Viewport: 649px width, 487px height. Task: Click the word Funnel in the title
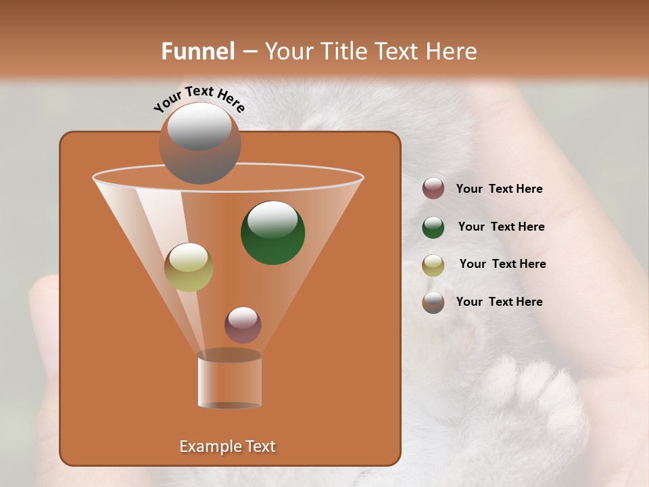pyautogui.click(x=198, y=51)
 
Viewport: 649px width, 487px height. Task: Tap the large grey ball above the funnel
pyautogui.click(x=199, y=143)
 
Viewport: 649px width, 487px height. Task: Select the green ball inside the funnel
pyautogui.click(x=273, y=232)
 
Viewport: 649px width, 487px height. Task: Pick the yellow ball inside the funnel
pyautogui.click(x=189, y=267)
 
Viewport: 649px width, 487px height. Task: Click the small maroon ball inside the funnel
pyautogui.click(x=243, y=325)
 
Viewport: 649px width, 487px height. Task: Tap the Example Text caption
pyautogui.click(x=227, y=446)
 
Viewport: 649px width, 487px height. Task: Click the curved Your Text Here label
pyautogui.click(x=199, y=99)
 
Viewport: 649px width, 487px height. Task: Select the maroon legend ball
pyautogui.click(x=433, y=189)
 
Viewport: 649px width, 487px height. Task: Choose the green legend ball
pyautogui.click(x=433, y=227)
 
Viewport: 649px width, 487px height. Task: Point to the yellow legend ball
pyautogui.click(x=433, y=264)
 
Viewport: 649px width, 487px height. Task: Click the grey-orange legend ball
pyautogui.click(x=433, y=302)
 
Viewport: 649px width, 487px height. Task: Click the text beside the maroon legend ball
pyautogui.click(x=499, y=189)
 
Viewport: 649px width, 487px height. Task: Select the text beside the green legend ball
pyautogui.click(x=501, y=227)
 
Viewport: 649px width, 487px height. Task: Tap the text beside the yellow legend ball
pyautogui.click(x=502, y=264)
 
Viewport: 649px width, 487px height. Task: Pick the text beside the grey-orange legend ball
pyautogui.click(x=499, y=302)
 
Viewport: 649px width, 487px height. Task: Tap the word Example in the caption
pyautogui.click(x=209, y=446)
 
